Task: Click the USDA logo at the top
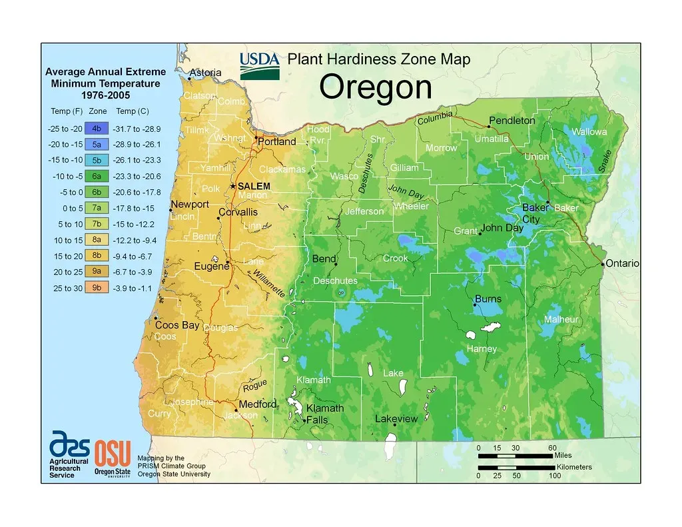(260, 65)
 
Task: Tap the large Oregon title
(376, 87)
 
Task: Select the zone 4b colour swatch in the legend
(97, 129)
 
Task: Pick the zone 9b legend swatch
(97, 288)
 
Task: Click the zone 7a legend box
(97, 209)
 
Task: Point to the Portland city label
(276, 142)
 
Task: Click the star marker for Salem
(233, 186)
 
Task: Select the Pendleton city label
(511, 121)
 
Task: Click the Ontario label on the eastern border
(623, 264)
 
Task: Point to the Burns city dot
(474, 304)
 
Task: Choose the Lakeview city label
(396, 419)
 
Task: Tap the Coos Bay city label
(176, 325)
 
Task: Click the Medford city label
(257, 404)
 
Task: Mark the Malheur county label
(561, 320)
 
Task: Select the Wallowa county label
(589, 132)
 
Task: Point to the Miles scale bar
(515, 456)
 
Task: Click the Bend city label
(324, 259)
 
